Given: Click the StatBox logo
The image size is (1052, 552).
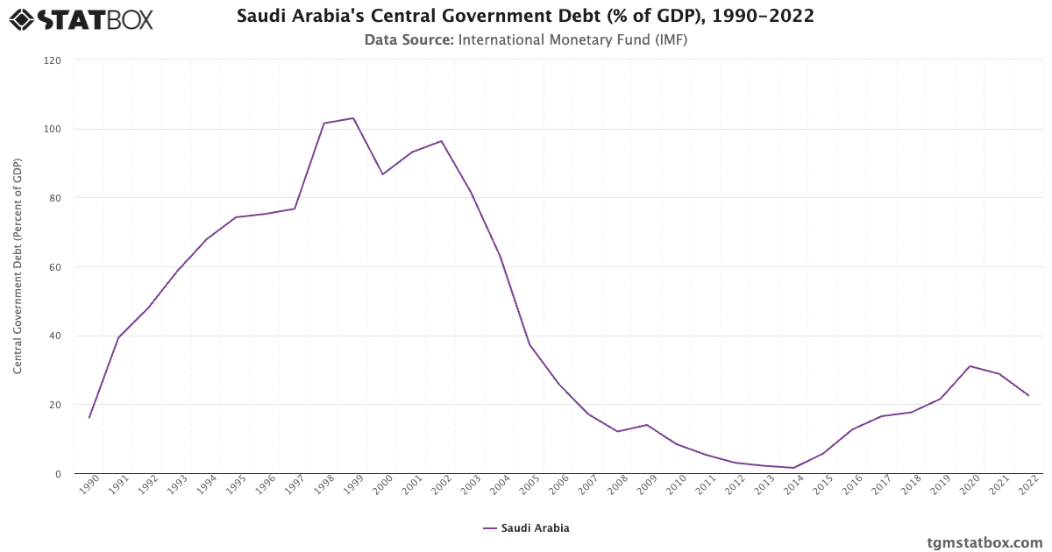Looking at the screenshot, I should [x=82, y=18].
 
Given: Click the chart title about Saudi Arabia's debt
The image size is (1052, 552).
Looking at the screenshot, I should [x=525, y=17].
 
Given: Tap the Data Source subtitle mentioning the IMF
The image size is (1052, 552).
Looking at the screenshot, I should [x=525, y=39].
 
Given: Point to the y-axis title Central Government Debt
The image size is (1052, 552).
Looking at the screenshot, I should [x=18, y=266].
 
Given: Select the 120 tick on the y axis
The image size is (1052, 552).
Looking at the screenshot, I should [x=53, y=60].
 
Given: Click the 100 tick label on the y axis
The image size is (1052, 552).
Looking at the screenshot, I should [x=53, y=130].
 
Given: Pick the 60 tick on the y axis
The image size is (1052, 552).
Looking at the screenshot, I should [x=55, y=267].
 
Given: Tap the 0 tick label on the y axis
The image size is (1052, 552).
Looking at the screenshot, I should [x=59, y=474].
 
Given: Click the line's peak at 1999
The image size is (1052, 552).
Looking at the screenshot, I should [x=353, y=118].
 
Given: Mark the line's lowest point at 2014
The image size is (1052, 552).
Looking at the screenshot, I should [x=793, y=468].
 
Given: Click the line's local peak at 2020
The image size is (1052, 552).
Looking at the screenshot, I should [x=970, y=366].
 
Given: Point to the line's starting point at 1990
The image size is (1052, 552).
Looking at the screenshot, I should [x=89, y=418].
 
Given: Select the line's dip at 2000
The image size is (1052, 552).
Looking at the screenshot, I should [x=382, y=174].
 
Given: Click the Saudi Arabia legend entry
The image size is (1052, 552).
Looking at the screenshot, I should [x=526, y=528].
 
